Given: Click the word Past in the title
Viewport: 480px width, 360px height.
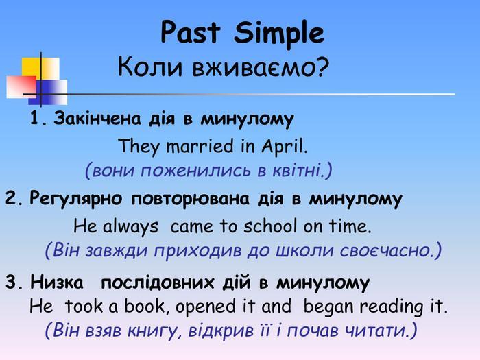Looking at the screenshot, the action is coord(190,32).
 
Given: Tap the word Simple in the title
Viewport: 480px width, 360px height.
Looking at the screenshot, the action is coord(278,34).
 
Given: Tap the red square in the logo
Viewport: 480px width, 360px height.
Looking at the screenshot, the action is coord(21,87).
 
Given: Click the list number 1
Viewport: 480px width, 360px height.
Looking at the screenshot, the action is coord(37,118).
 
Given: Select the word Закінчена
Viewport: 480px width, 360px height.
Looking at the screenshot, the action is coord(97,118).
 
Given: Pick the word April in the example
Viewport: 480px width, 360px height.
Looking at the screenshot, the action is coord(284,147).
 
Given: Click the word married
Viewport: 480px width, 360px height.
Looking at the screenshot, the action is coord(200,146).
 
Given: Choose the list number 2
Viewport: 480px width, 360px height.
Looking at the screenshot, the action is coord(14,199).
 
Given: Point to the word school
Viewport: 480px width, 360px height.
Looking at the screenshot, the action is coord(270,226).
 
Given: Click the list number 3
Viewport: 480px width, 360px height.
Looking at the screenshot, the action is coord(14,283).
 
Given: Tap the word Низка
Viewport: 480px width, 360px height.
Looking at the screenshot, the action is coord(57,283).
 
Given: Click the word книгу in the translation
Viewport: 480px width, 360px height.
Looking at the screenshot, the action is coord(152,331).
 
